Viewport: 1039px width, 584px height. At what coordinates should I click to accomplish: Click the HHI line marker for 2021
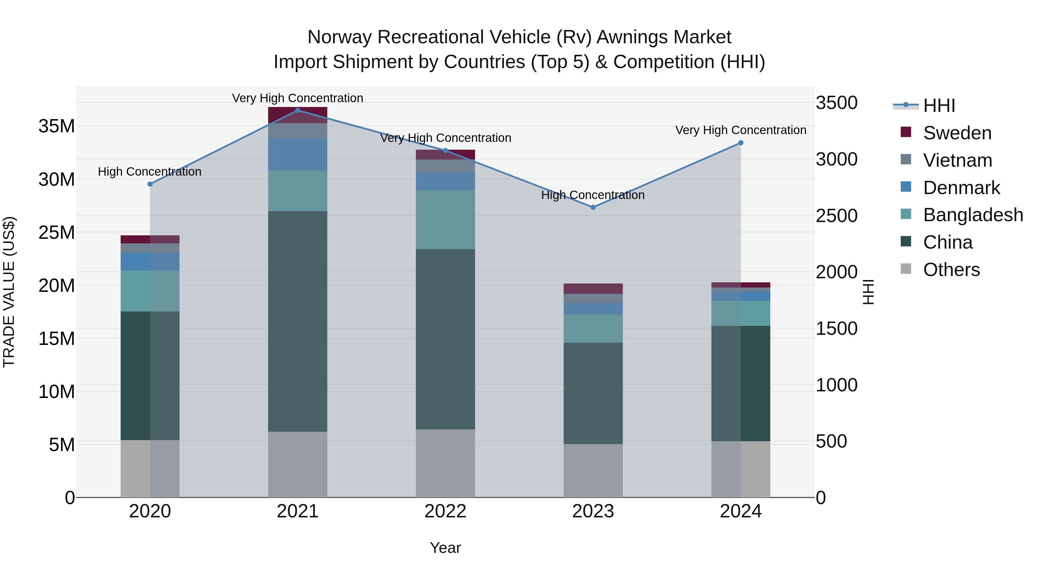298,110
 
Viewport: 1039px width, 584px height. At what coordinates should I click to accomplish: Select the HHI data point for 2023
593,207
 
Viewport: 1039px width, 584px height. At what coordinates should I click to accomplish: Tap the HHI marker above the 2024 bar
741,143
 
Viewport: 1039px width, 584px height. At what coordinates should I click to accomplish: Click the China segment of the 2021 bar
298,321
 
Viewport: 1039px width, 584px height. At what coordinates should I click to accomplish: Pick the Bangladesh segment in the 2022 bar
445,220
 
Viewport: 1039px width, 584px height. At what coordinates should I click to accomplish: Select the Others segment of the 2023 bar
593,470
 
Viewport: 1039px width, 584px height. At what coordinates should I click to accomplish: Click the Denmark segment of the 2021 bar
298,154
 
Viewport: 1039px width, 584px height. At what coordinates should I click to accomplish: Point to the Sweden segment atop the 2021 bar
298,115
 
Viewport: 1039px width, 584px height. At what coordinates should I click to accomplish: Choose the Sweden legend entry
957,133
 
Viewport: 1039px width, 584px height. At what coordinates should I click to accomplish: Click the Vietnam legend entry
957,160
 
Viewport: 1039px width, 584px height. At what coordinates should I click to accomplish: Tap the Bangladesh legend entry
972,215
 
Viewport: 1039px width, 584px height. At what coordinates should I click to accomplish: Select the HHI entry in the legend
939,106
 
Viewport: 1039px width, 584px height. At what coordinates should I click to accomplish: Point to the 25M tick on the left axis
57,232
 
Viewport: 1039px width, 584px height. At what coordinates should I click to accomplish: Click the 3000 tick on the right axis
836,159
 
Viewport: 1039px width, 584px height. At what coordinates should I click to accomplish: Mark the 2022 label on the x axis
445,511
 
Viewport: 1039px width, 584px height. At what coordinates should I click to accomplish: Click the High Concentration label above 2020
150,172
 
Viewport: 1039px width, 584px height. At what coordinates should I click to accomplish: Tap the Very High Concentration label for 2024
741,130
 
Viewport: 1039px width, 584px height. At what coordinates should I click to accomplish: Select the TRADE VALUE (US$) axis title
9,292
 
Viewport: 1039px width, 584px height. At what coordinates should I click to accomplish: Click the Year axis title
445,548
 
